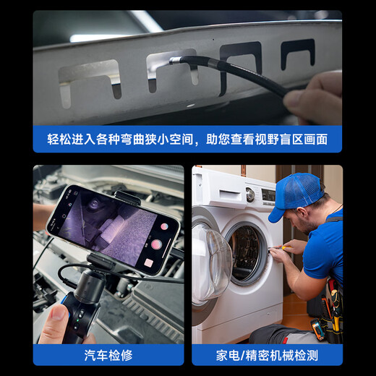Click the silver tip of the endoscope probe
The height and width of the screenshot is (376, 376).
coord(174,61)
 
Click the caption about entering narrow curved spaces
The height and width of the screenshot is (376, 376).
coord(187,139)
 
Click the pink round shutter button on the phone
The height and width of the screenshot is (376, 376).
coord(164,226)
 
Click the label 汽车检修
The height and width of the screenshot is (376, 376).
coord(108,354)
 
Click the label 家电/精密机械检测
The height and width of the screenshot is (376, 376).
coord(267,354)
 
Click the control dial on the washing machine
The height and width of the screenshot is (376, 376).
coord(250,195)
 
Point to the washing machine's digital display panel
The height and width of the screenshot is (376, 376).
coord(268,195)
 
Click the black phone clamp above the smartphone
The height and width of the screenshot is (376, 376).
coord(127,196)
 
